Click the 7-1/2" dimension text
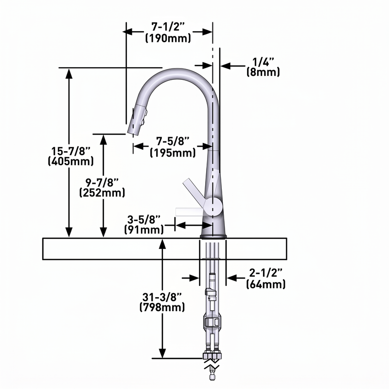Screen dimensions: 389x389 (168, 27)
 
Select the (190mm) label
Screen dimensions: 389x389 (168, 38)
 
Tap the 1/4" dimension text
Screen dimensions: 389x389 (263, 62)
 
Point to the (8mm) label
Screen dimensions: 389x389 (263, 72)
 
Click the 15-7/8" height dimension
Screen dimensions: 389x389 (71, 151)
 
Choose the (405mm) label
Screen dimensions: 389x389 (71, 161)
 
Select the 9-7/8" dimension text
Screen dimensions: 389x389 (102, 182)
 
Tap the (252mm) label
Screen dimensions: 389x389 (102, 193)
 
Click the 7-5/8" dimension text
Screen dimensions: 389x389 (173, 141)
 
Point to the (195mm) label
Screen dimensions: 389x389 (173, 152)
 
